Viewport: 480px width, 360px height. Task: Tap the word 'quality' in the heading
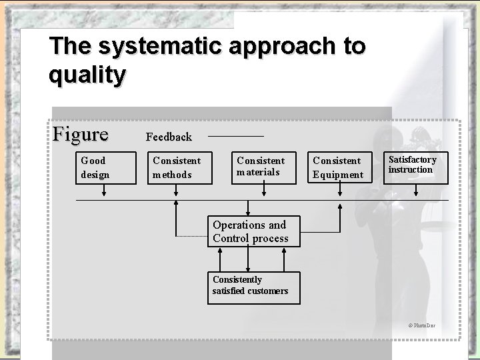coord(87,75)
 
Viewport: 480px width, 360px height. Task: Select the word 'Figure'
coord(81,134)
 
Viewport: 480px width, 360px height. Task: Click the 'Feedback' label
coord(169,137)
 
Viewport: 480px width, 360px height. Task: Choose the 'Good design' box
coord(104,167)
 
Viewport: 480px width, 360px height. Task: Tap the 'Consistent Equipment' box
coord(338,167)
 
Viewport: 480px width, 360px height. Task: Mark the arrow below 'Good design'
coord(104,191)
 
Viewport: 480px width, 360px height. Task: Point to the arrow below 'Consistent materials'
coord(263,191)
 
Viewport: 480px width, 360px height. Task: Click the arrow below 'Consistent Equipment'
coord(338,191)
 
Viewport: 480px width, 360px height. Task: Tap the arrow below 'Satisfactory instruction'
coord(417,191)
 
